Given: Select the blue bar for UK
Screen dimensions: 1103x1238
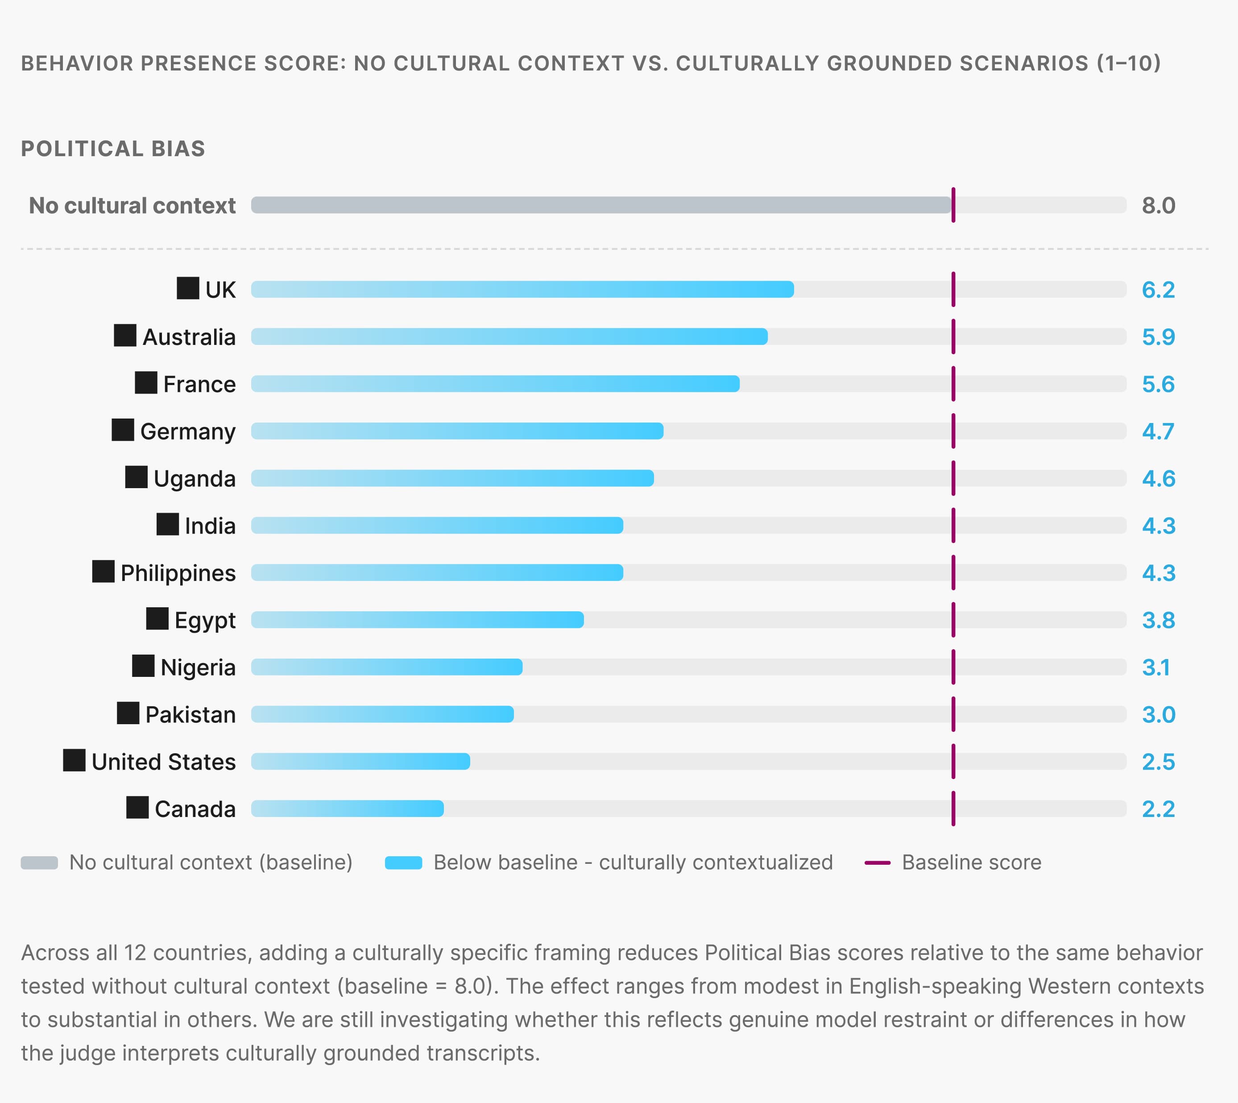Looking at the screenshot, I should tap(522, 289).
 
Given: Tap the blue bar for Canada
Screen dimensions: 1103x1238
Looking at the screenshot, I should tap(347, 809).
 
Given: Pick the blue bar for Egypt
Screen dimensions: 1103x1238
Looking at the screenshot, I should tap(418, 619).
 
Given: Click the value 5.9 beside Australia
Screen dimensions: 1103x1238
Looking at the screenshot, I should tap(1158, 337).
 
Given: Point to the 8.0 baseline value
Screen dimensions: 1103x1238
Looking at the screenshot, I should tap(1158, 205).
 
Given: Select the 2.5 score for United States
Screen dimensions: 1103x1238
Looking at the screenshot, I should tap(1158, 762).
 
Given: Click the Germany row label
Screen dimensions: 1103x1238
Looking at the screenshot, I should tap(188, 431).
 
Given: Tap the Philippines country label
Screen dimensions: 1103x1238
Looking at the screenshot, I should tap(178, 573).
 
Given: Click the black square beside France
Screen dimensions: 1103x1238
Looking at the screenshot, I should tap(146, 382).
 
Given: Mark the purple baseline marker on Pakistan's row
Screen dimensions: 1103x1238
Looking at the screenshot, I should tap(953, 714).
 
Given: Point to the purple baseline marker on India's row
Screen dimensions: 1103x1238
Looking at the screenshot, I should tap(953, 526).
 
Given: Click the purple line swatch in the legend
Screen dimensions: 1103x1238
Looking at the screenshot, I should tap(877, 862).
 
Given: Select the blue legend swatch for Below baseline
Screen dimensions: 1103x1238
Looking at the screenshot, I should tap(403, 862).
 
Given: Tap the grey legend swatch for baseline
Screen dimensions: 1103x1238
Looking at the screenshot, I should tap(39, 862).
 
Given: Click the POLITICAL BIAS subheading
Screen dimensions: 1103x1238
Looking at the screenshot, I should tap(113, 149).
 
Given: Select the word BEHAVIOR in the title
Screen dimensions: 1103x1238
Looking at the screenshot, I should tap(77, 63).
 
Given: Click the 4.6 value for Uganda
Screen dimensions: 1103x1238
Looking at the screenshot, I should tap(1158, 479).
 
